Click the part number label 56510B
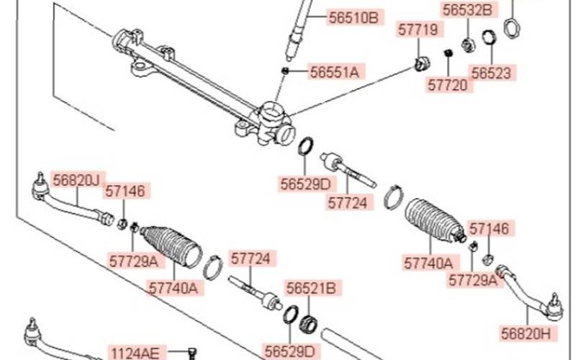(x=353, y=17)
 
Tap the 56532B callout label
(x=467, y=10)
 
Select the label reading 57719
(x=418, y=30)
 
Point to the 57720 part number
(x=447, y=85)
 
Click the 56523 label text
(x=491, y=73)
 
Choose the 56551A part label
(x=335, y=72)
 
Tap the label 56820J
(x=76, y=180)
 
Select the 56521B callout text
(x=311, y=288)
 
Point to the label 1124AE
(x=135, y=352)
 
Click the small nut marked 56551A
(x=285, y=71)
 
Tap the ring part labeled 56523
(x=489, y=37)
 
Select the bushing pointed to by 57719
(x=422, y=63)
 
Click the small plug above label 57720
(x=448, y=53)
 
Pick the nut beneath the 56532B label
(x=468, y=45)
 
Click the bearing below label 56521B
(x=308, y=323)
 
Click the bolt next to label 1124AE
(x=192, y=352)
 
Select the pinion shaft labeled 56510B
(x=298, y=29)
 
